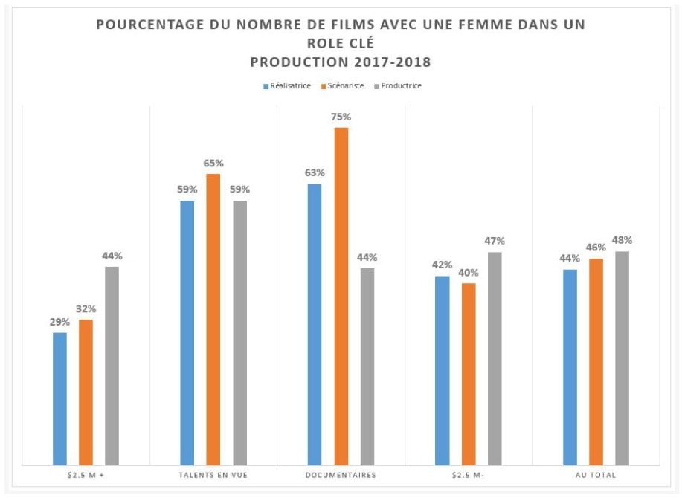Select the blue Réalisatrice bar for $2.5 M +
point(59,398)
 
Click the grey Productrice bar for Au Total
point(622,358)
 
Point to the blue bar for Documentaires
point(315,324)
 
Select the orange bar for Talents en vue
point(213,319)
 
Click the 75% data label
point(341,117)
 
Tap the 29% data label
point(59,322)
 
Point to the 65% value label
point(213,163)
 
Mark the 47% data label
point(495,241)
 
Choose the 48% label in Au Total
point(622,240)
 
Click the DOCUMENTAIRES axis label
point(341,475)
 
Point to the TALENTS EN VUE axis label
point(213,475)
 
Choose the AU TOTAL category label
point(596,475)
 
